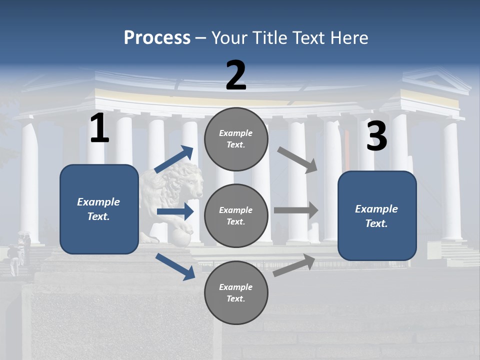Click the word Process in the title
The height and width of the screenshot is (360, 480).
(x=157, y=38)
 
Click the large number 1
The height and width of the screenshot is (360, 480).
(x=99, y=128)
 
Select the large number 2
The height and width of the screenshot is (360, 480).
(x=236, y=75)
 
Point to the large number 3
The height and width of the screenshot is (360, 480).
(x=376, y=136)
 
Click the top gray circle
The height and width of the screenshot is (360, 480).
(x=236, y=139)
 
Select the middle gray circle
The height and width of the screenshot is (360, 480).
(x=236, y=216)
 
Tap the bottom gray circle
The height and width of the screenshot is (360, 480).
(x=236, y=293)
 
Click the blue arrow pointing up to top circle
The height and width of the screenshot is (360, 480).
(x=174, y=159)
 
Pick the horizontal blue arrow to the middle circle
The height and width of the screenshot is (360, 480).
(x=175, y=211)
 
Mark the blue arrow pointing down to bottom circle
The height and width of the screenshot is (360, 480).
(x=175, y=266)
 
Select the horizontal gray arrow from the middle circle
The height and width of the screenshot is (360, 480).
(x=296, y=210)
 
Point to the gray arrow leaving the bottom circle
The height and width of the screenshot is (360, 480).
(x=294, y=265)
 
